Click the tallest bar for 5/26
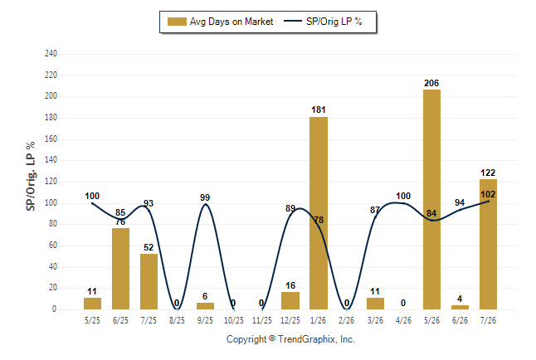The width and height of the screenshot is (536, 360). point(431,199)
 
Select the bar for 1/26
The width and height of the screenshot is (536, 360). point(319,213)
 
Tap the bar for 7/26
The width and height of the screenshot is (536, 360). point(488,244)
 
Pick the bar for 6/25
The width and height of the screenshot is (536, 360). point(120,269)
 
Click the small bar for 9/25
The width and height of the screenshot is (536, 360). point(205,306)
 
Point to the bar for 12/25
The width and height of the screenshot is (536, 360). point(290,300)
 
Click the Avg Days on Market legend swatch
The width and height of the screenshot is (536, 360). point(177,22)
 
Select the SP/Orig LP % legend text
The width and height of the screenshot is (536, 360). point(334,22)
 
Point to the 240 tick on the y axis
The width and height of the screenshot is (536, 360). point(51,54)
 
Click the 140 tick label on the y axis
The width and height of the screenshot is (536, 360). point(51,160)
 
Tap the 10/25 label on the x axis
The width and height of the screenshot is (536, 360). point(233,320)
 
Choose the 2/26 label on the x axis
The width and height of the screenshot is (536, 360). point(347,320)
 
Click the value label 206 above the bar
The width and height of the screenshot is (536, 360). point(431,83)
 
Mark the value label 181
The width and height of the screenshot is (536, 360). point(319,109)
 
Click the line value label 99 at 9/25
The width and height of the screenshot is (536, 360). point(205,197)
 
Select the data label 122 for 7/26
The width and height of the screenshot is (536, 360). point(488,173)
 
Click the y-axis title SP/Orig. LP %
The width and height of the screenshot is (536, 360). point(31,176)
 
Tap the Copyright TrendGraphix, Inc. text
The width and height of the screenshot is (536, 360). point(290,339)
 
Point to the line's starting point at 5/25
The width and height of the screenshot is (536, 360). point(92,203)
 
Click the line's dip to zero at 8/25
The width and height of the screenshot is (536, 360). point(177,309)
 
